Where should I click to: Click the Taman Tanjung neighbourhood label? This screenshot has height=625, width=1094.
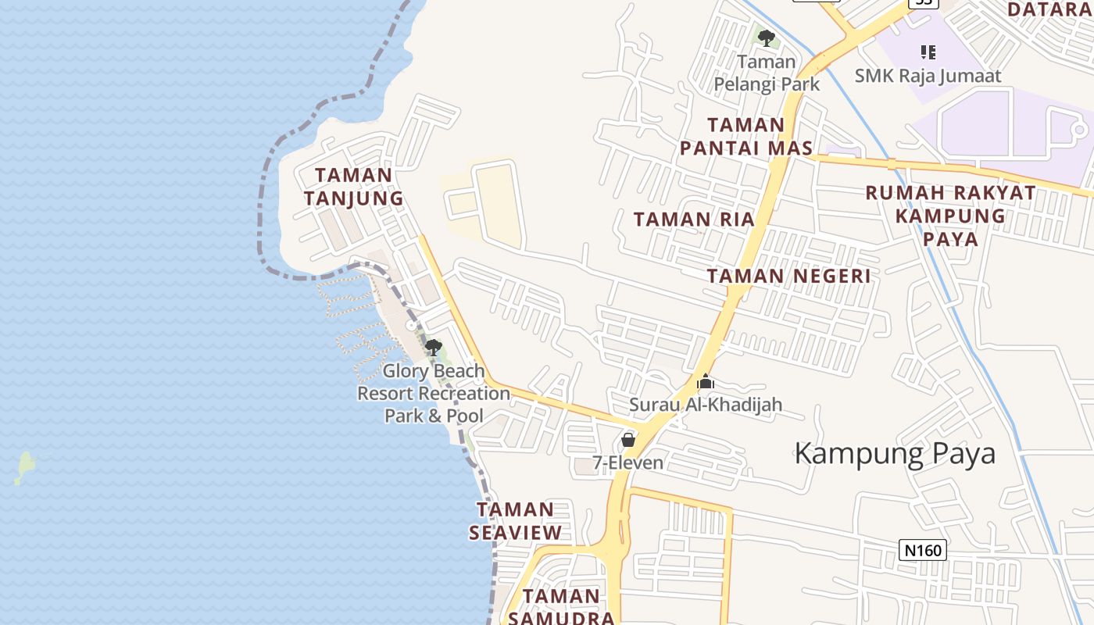coord(353,187)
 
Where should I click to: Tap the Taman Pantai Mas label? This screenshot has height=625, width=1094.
coord(745,137)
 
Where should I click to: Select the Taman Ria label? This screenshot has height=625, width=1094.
coord(694,220)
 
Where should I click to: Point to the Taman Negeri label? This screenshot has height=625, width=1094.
coord(788,276)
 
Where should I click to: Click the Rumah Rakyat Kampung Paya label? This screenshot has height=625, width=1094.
coord(950,216)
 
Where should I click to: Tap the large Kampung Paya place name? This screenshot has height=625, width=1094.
coord(895,454)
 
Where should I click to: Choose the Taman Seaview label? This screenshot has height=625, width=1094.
coord(516,521)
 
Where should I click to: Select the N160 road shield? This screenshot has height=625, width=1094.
coord(922,550)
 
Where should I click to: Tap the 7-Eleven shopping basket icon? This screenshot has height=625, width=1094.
coord(627,441)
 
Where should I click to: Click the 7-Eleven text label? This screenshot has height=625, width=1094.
coord(627,463)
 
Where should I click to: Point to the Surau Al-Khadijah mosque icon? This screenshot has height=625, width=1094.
coord(706,382)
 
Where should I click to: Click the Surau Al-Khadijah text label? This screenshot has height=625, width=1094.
coord(706,405)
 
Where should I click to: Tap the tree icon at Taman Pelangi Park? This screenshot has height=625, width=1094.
coord(767,37)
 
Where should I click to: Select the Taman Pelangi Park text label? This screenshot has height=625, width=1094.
coord(767,73)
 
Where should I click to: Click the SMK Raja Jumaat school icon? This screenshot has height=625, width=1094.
coord(928,52)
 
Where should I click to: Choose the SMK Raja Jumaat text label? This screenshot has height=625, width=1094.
coord(928,76)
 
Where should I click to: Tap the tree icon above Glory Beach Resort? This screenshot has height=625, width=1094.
coord(433,348)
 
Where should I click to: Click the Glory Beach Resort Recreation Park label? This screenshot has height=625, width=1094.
coord(434,393)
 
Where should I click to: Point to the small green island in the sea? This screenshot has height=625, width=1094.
coord(26,466)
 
